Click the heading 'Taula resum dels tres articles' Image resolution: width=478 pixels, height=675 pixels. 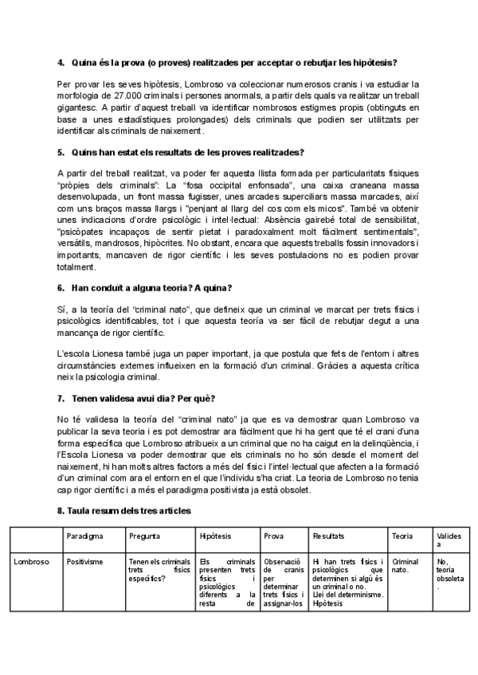coord(127,509)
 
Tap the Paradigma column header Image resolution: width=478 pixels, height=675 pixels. coord(84,536)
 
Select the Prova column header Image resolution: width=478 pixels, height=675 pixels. coord(274,536)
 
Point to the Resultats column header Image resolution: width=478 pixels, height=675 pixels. coord(329,536)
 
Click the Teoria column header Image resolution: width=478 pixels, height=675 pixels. coord(402,536)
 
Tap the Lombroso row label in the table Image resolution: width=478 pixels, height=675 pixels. coord(32,562)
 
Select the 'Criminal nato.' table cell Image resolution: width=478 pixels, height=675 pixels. coord(406,566)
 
